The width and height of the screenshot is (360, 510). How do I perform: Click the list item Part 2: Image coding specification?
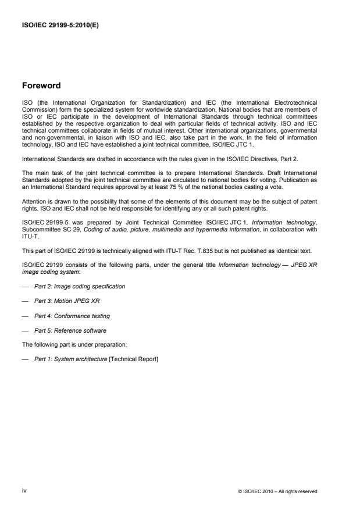(80, 286)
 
